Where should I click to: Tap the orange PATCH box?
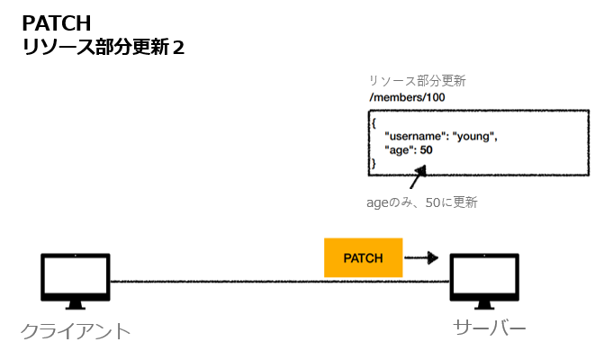click(363, 258)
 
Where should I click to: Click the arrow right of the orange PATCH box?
click(421, 258)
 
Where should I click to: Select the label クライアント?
click(76, 331)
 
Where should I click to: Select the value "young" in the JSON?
click(474, 136)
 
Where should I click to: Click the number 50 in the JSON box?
click(426, 149)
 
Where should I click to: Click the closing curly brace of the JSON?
click(374, 163)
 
